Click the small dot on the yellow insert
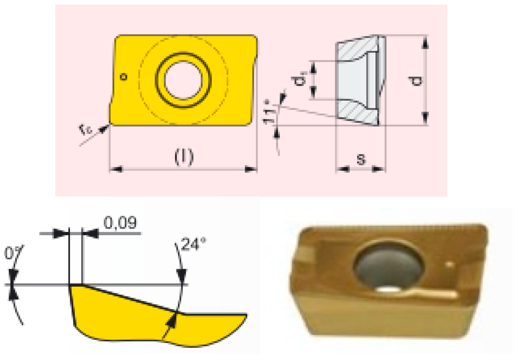click(x=123, y=77)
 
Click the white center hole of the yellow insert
click(x=183, y=80)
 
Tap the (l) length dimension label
click(x=184, y=156)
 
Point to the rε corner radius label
click(x=85, y=130)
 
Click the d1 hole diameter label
click(x=299, y=79)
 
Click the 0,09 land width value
click(x=120, y=223)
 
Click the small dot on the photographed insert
click(x=449, y=264)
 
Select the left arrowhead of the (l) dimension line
click(x=116, y=169)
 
